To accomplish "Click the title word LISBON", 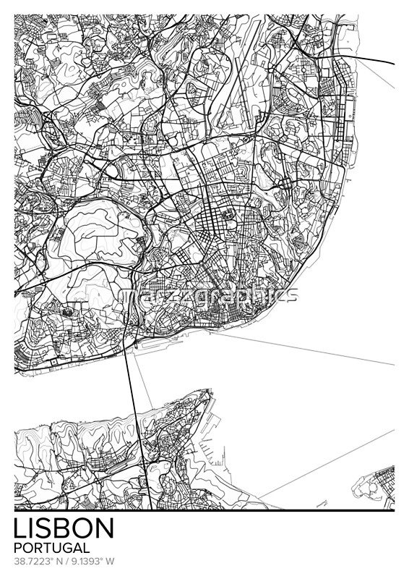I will (x=64, y=528).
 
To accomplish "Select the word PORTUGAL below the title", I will (x=51, y=548).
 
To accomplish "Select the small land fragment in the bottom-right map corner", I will (x=376, y=489).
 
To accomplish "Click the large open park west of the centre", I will (x=98, y=235).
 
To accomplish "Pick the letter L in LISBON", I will (x=20, y=528).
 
